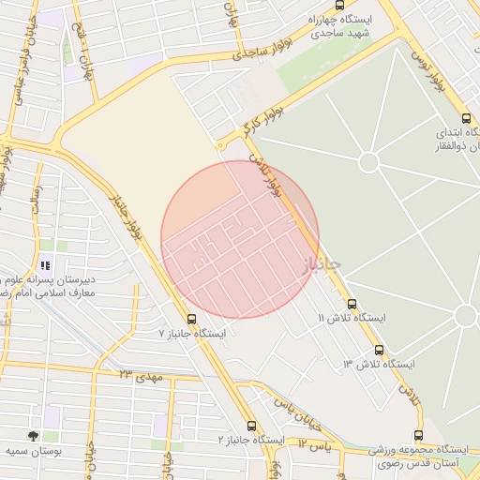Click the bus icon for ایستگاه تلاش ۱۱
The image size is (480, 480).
352,304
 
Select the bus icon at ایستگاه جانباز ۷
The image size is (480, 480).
192,319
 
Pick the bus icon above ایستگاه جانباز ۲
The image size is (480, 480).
251,425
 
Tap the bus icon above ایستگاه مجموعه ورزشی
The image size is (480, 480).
418,435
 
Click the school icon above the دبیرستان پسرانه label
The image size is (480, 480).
45,264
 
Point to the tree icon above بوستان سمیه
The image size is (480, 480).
34,436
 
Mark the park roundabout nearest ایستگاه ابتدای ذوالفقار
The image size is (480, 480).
368,162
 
